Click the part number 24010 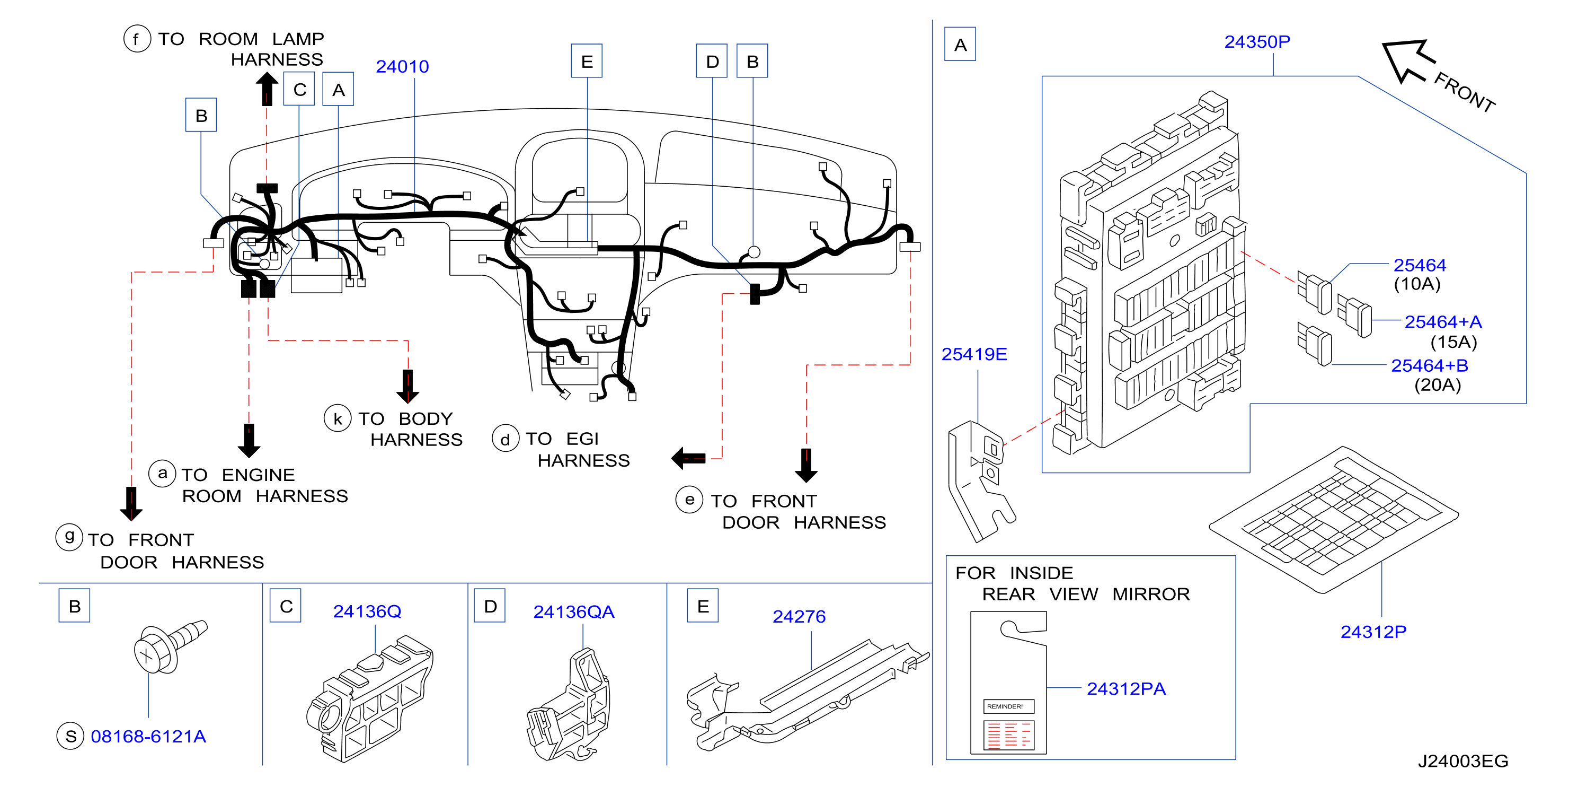coord(402,66)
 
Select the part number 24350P coord(1257,41)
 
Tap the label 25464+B coord(1430,365)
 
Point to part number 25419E coord(974,354)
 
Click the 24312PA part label coord(1126,688)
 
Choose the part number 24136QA coord(574,611)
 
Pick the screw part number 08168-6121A coord(148,737)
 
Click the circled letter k coord(338,418)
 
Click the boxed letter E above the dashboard coord(587,61)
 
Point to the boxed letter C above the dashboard coord(299,89)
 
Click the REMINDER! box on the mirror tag coord(1009,706)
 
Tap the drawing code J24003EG coord(1463,761)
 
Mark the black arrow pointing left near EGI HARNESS coord(688,458)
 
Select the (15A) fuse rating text coord(1454,342)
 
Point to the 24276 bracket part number coord(799,616)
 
